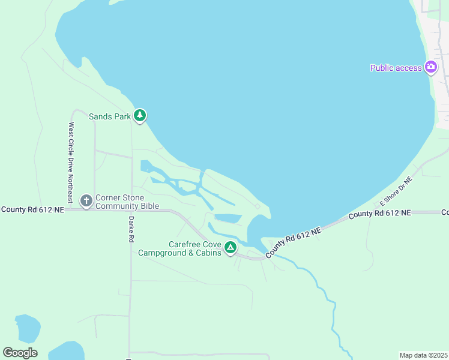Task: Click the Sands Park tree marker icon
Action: click(140, 115)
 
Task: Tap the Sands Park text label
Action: click(110, 116)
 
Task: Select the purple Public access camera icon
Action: click(430, 67)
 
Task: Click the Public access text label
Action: click(396, 68)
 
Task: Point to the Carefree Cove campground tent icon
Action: click(229, 247)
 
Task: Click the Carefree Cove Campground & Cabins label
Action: click(179, 248)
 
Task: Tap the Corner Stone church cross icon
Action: click(86, 200)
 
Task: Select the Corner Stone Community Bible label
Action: click(127, 202)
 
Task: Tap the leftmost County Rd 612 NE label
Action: click(31, 209)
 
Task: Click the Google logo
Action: click(20, 352)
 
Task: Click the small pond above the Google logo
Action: click(27, 328)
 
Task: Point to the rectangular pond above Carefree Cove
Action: click(228, 218)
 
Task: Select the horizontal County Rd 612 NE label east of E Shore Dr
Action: click(379, 213)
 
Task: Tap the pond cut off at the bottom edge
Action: click(67, 351)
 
